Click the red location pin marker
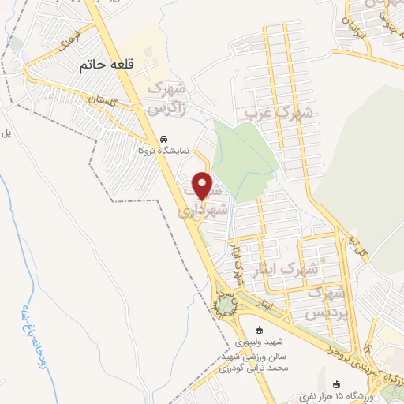tap(203, 185)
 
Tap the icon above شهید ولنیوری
tap(258, 331)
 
